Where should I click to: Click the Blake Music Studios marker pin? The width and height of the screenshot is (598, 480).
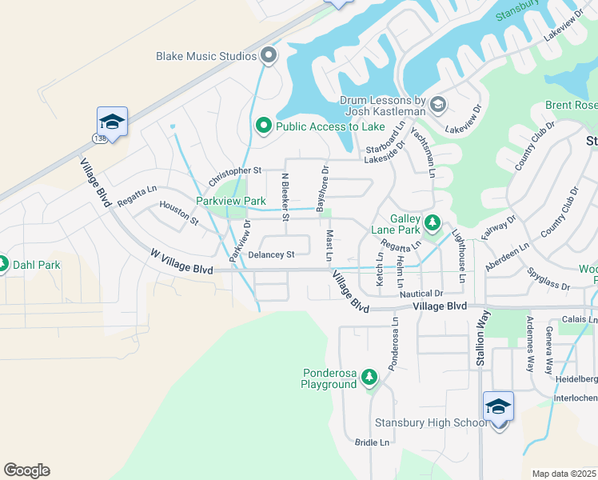pos(269,56)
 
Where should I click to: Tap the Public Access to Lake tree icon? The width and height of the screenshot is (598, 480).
pos(263,126)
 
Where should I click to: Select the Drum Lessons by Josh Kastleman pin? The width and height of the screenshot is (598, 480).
pos(437,104)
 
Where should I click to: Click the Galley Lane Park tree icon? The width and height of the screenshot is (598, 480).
pos(433,222)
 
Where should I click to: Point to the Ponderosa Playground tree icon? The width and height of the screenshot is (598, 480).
pos(369,376)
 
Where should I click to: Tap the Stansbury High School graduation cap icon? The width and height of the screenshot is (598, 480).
pos(498,408)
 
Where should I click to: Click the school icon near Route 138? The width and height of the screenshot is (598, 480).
pos(112,122)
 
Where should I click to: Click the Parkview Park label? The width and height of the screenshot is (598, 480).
pos(231,201)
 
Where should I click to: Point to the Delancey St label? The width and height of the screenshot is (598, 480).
pos(272,255)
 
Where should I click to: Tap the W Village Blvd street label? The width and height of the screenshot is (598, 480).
pos(181,262)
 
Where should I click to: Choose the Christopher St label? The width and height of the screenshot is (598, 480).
pos(235,171)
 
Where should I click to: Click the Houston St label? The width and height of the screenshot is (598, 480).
pos(178,212)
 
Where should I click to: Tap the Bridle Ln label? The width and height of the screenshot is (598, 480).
pos(372,442)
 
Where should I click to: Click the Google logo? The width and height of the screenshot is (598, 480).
pos(26,470)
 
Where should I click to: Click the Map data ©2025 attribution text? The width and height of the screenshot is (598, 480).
pos(563,474)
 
